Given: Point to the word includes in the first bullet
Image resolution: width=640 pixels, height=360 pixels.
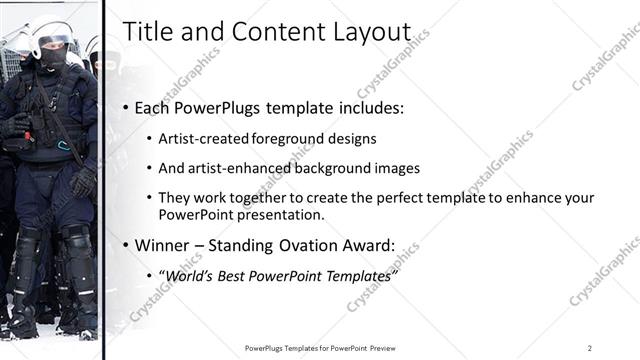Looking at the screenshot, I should pos(370,107).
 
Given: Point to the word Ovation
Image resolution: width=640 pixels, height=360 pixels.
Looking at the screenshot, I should pos(308,244).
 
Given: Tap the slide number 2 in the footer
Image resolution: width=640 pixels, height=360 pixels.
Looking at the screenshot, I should pos(590,348).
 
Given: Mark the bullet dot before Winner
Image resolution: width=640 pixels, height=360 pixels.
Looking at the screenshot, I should pos(125,245).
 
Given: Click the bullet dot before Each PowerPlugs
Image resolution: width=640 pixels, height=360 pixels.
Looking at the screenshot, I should pos(125,108).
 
